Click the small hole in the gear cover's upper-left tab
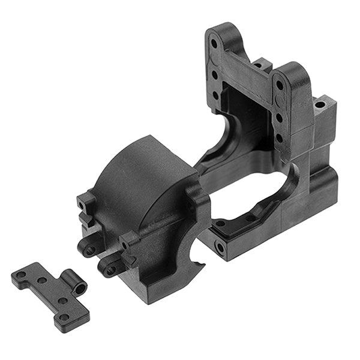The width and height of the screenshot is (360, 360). pyautogui.click(x=81, y=205)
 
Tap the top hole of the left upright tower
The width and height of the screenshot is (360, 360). pyautogui.click(x=214, y=43)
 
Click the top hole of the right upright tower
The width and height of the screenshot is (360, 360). pyautogui.click(x=280, y=85)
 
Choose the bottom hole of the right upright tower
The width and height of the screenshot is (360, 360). pyautogui.click(x=279, y=137)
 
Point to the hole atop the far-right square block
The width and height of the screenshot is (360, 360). pyautogui.click(x=320, y=104)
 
